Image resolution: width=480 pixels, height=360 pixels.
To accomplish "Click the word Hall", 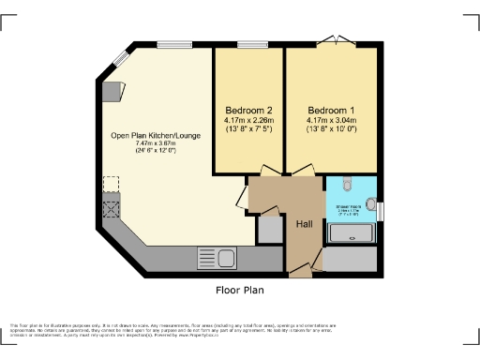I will (x=305, y=225).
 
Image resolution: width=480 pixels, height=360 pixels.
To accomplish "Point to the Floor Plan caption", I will (x=239, y=290).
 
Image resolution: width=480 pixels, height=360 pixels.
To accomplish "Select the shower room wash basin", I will (x=370, y=203).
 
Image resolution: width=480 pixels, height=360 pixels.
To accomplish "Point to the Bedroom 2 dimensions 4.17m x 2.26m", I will (x=248, y=120).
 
